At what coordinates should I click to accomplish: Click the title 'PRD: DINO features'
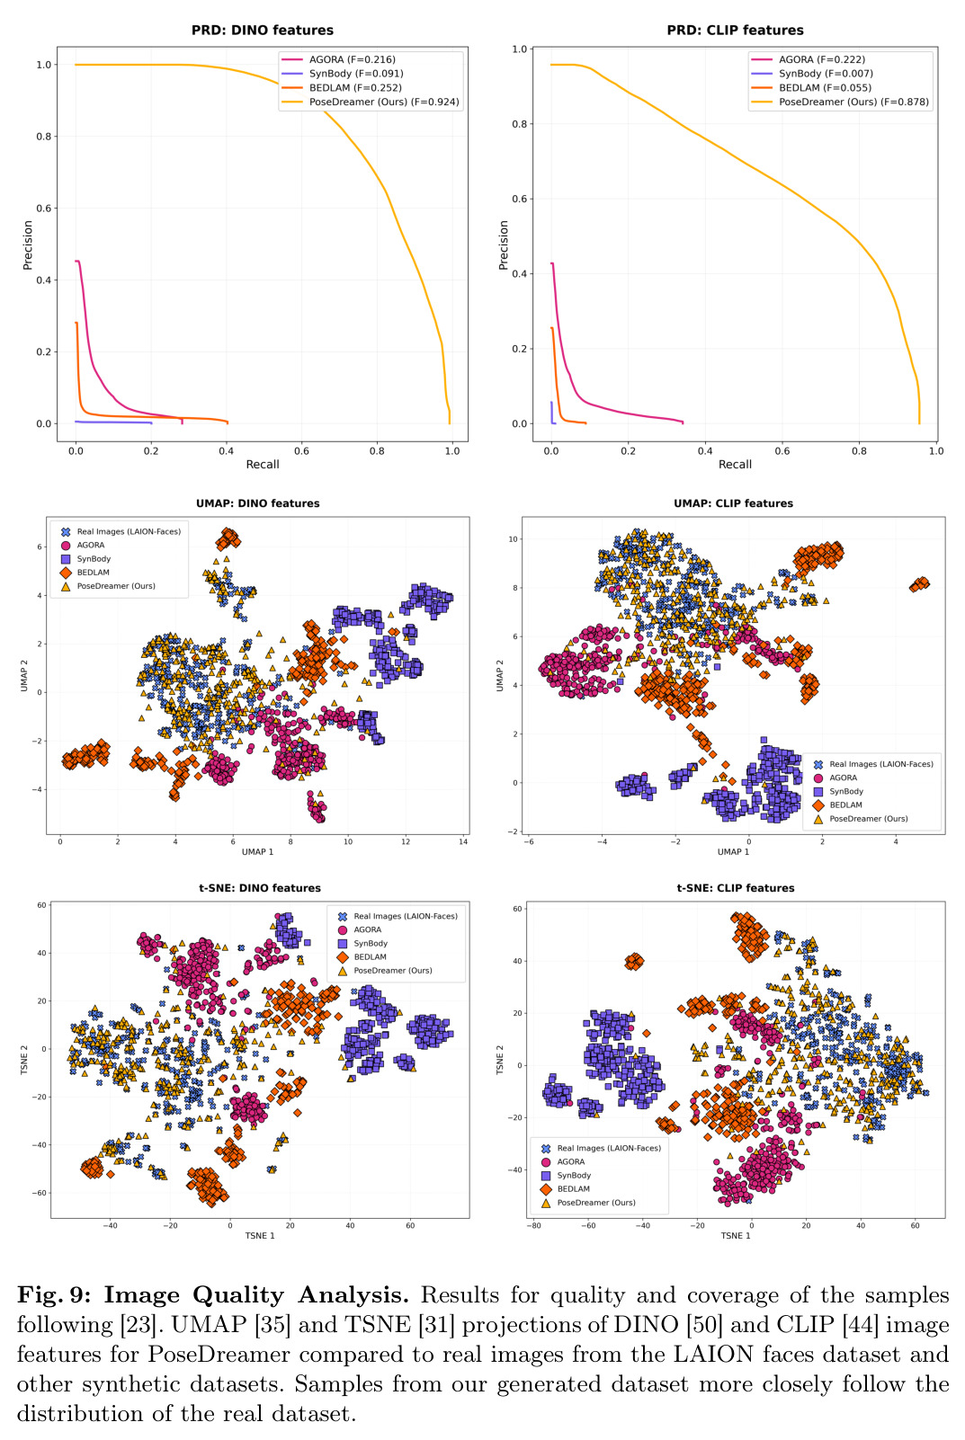[263, 31]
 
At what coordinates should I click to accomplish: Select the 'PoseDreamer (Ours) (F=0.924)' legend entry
[371, 102]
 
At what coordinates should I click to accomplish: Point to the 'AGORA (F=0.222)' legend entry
[809, 59]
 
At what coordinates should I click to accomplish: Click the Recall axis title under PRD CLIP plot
[735, 464]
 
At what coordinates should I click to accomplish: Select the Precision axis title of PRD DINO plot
[28, 244]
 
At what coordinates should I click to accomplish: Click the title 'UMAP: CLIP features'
[733, 503]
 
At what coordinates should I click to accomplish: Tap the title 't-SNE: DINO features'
[259, 888]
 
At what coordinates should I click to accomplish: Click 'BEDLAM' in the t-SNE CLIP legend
[566, 1188]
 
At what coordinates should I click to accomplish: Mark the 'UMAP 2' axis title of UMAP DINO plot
[24, 676]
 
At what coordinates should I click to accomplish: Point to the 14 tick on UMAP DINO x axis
[463, 841]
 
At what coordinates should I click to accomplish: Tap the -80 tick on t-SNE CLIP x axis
[534, 1225]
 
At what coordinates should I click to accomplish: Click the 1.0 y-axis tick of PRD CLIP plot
[519, 49]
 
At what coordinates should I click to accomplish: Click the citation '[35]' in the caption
[273, 1324]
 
